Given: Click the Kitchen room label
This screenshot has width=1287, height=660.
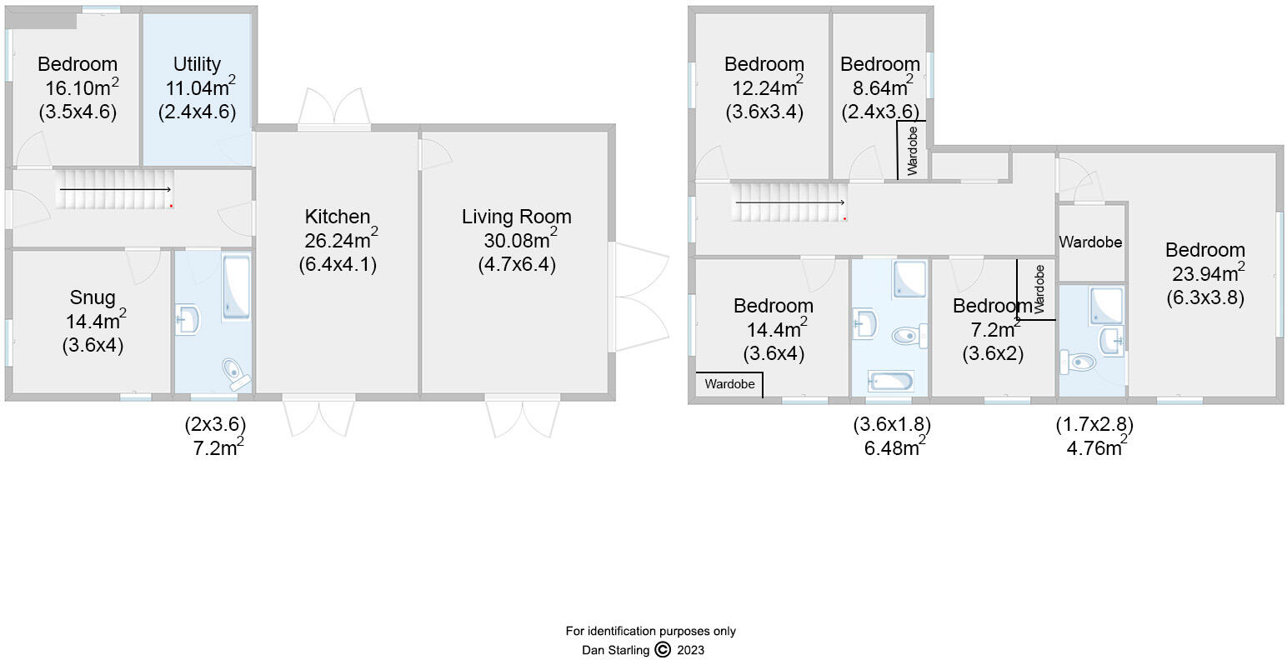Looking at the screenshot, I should (337, 217).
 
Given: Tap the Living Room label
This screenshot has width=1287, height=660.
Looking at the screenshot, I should (516, 217).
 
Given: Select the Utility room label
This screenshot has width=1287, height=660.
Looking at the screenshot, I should (197, 64).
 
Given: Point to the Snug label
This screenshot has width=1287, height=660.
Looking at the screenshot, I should (93, 297).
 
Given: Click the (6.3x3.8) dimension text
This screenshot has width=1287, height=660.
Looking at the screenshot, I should (1204, 297).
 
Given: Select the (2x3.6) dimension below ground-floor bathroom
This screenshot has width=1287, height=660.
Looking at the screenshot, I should (215, 424).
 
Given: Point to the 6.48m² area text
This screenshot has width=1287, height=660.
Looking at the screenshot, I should (891, 447).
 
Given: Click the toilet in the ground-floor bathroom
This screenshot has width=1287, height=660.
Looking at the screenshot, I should (236, 373).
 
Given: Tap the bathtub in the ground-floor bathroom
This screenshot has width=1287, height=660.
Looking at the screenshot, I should (236, 288).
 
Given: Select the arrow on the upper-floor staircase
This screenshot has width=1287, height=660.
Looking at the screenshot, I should (789, 202).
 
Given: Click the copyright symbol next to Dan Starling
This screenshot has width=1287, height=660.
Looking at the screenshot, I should (663, 650).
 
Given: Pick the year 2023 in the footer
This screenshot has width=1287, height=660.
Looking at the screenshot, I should (690, 650).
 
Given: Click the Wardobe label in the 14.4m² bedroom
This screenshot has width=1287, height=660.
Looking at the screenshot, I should (729, 384).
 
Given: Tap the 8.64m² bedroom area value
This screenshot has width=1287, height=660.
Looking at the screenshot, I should (876, 87).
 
